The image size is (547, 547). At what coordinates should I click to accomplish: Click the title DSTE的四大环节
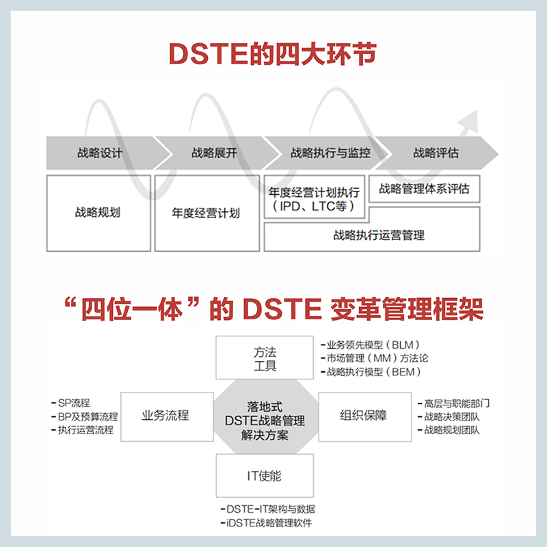(x=273, y=55)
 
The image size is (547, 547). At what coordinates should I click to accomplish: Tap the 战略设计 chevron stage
(x=100, y=153)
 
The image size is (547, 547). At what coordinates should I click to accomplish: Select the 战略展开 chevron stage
(x=214, y=153)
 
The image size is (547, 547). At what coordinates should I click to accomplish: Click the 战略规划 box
(x=98, y=213)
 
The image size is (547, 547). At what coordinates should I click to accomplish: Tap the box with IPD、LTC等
(x=315, y=199)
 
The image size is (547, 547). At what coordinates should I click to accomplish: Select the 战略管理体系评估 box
(x=424, y=189)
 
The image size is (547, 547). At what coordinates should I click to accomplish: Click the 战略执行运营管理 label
(x=379, y=235)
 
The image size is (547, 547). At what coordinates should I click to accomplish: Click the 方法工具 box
(x=265, y=358)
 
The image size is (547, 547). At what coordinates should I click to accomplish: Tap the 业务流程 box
(x=165, y=415)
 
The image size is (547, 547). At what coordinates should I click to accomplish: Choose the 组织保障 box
(x=363, y=415)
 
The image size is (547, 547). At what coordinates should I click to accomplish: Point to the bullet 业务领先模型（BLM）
(x=373, y=345)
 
